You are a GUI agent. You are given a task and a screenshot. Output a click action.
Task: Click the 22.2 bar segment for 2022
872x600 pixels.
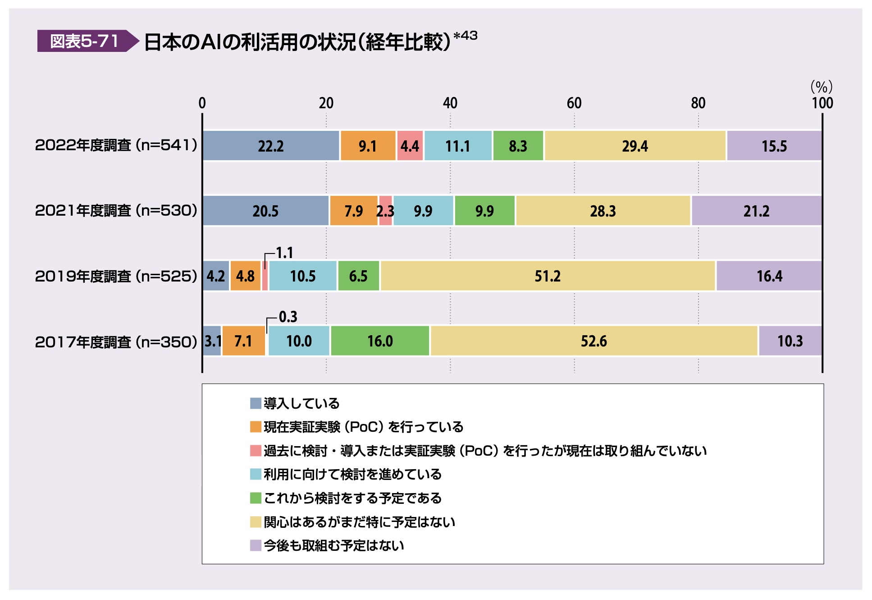click(x=270, y=146)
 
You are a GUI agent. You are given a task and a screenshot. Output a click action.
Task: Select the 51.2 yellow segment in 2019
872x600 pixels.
click(x=548, y=276)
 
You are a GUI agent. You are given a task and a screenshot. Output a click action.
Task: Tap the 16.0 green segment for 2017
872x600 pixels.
click(x=380, y=341)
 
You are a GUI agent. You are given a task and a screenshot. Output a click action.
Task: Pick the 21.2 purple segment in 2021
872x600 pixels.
click(x=756, y=211)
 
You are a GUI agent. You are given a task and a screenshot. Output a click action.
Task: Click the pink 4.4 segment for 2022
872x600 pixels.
click(x=410, y=146)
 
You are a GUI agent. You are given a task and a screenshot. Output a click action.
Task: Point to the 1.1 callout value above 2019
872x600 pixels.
click(x=284, y=253)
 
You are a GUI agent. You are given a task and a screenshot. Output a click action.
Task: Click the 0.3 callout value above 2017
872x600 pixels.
click(x=288, y=317)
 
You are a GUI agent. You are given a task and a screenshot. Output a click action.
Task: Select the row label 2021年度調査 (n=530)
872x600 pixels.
click(x=116, y=211)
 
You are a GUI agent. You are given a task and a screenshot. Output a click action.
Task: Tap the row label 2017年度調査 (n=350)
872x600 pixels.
click(x=116, y=342)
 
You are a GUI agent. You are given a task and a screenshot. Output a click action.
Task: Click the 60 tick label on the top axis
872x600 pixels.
click(x=574, y=103)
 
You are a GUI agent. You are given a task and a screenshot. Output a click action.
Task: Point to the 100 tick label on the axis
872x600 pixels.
click(x=822, y=103)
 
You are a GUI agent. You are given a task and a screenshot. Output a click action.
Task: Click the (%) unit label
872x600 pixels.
click(x=821, y=87)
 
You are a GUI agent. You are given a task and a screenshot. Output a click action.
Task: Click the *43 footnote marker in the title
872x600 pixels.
click(x=465, y=36)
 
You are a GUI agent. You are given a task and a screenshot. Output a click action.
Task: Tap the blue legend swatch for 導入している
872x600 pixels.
click(x=256, y=403)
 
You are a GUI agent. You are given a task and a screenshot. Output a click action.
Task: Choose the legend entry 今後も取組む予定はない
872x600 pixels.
click(x=333, y=546)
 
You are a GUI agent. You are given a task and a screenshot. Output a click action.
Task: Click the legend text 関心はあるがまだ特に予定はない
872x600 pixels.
click(x=359, y=522)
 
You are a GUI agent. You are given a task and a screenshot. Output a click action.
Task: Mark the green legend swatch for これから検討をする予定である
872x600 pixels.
click(x=256, y=498)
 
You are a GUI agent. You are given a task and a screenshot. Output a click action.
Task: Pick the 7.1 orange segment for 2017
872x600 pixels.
click(x=243, y=341)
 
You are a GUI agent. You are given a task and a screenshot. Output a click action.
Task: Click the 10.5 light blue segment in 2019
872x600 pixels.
click(x=303, y=276)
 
